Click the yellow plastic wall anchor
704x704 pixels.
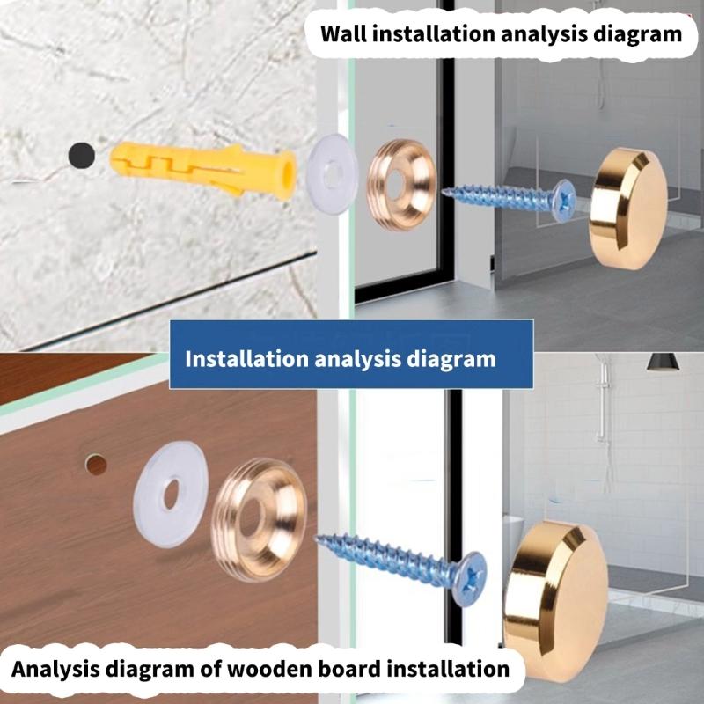(202, 170)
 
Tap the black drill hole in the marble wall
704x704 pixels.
(81, 156)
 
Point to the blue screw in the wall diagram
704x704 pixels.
(506, 197)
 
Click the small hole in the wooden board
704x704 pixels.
(96, 464)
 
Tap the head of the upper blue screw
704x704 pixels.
(562, 201)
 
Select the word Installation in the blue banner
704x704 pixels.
(246, 359)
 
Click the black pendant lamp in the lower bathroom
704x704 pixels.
(662, 362)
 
